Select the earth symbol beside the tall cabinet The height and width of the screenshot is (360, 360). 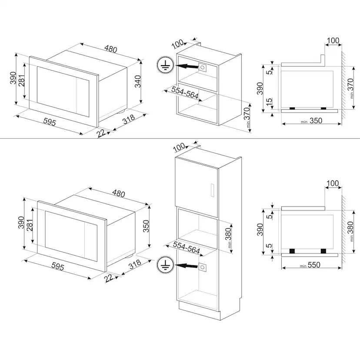[164, 265]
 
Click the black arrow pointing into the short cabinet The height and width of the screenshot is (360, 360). [185, 67]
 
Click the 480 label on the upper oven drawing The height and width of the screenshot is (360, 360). [111, 49]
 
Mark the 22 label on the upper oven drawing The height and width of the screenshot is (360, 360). [101, 133]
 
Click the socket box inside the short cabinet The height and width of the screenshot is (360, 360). [203, 67]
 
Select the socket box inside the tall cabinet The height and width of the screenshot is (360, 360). [203, 266]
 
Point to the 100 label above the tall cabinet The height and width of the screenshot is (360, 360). [179, 147]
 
